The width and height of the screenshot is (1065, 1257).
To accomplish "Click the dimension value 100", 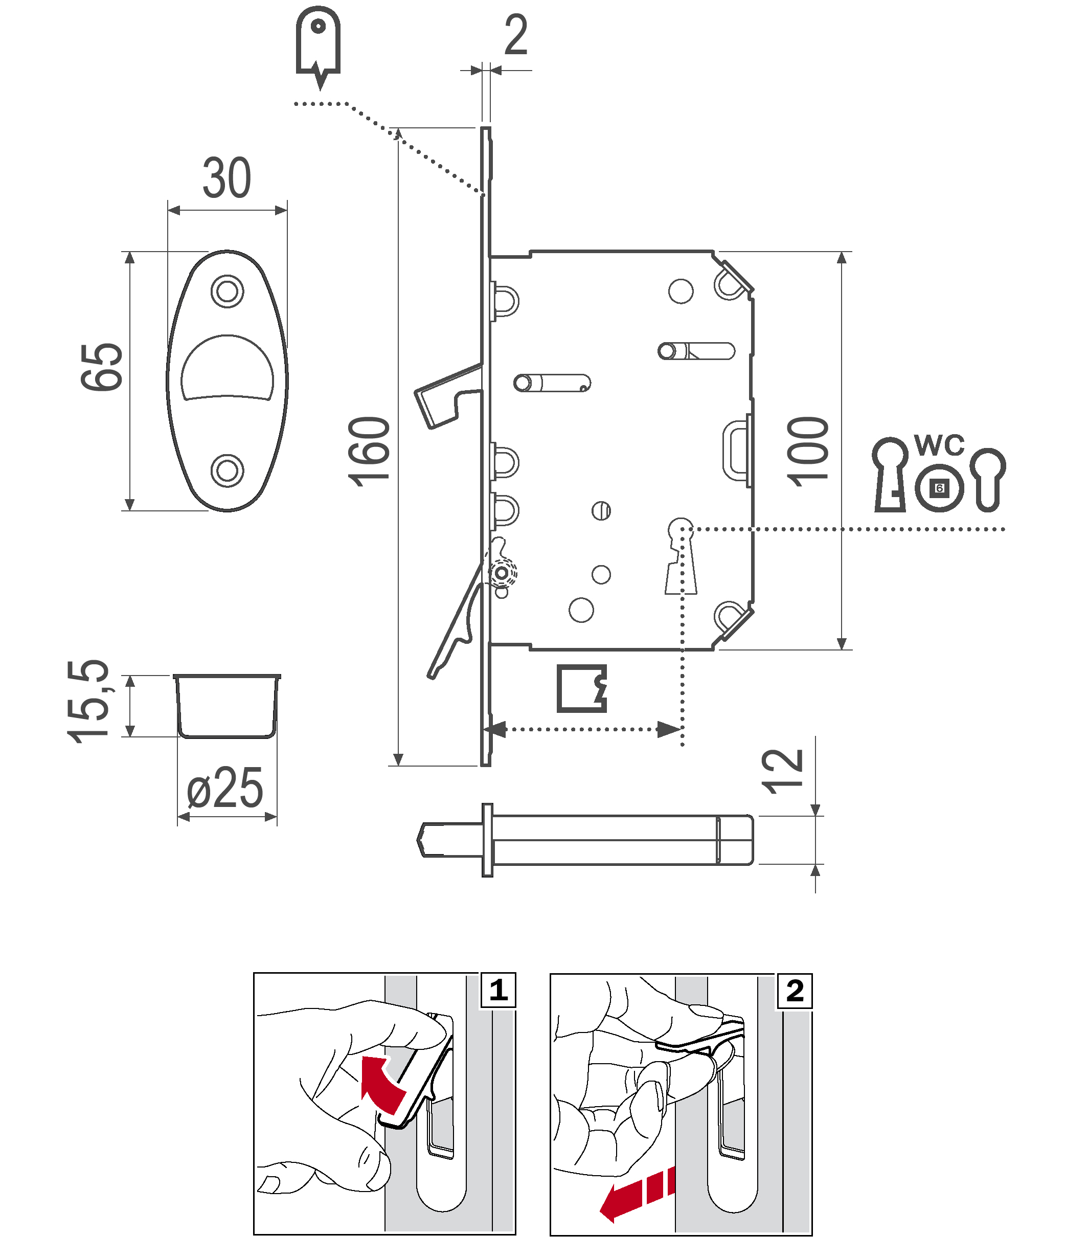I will (x=808, y=452).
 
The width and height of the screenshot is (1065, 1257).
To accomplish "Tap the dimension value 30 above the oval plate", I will (x=226, y=178).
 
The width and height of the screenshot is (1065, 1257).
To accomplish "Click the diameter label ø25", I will (x=224, y=789).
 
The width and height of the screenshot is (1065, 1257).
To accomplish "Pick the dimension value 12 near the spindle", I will (x=783, y=772).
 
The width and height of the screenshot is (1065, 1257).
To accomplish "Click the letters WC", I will (x=939, y=445).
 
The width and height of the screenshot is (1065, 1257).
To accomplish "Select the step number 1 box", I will (x=498, y=990).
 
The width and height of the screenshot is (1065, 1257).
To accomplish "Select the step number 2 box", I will (x=795, y=991).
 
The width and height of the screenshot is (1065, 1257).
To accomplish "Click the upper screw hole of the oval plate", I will (x=227, y=291).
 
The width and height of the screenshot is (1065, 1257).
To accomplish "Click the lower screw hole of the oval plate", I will (x=227, y=470).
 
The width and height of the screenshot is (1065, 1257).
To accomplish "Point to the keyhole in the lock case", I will (x=681, y=555).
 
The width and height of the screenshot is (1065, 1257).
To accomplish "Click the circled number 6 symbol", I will (x=939, y=488).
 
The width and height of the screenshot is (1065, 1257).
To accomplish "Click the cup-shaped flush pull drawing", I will (x=227, y=706).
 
